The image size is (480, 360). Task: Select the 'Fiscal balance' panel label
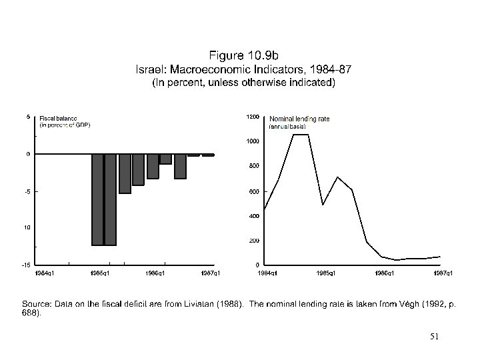tap(58, 118)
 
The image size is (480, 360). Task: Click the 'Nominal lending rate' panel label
tap(299, 119)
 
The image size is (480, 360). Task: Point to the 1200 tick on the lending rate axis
tap(253, 116)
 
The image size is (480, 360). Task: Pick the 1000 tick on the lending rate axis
tap(253, 141)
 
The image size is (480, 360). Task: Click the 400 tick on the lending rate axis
tap(254, 216)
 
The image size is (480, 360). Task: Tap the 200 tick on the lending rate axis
tap(254, 240)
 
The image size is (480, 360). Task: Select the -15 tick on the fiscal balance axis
tap(27, 265)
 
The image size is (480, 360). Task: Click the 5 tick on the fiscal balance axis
tap(28, 116)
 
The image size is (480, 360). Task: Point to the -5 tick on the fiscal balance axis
tap(28, 191)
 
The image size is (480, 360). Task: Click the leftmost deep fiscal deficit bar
tap(97, 200)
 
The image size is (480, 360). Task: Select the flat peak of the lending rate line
tap(300, 135)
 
